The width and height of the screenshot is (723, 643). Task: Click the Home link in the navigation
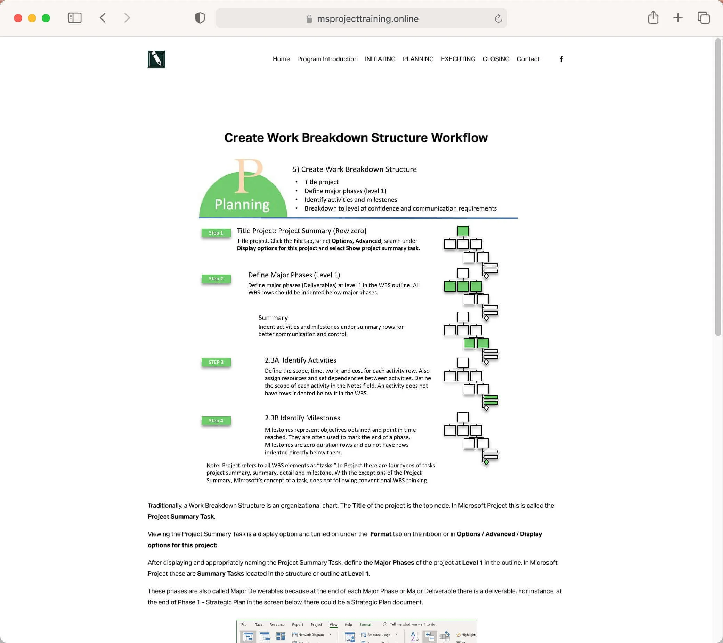click(x=281, y=59)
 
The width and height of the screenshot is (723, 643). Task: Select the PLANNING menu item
click(x=418, y=59)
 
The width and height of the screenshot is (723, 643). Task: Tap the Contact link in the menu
click(x=527, y=59)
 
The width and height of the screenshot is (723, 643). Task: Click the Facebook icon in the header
click(x=561, y=59)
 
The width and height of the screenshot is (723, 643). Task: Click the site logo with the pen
click(x=156, y=59)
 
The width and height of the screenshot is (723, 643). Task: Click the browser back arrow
click(x=103, y=18)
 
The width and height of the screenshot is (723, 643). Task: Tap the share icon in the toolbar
click(x=653, y=18)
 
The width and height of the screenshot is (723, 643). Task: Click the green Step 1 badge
click(x=216, y=233)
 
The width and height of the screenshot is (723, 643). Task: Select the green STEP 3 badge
click(x=216, y=362)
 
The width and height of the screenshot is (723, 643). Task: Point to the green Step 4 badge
click(x=216, y=421)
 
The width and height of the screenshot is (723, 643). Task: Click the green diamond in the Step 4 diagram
click(x=486, y=462)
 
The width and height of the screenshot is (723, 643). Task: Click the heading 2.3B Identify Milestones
click(x=302, y=418)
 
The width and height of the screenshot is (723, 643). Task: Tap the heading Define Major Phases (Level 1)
click(x=294, y=275)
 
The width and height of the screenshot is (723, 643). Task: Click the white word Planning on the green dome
click(x=242, y=205)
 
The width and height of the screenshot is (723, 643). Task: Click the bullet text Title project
click(x=321, y=182)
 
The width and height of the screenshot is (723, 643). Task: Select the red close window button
click(x=18, y=18)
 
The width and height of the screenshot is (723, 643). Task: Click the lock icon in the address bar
click(x=309, y=19)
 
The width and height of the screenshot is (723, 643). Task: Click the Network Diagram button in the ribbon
click(x=308, y=635)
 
